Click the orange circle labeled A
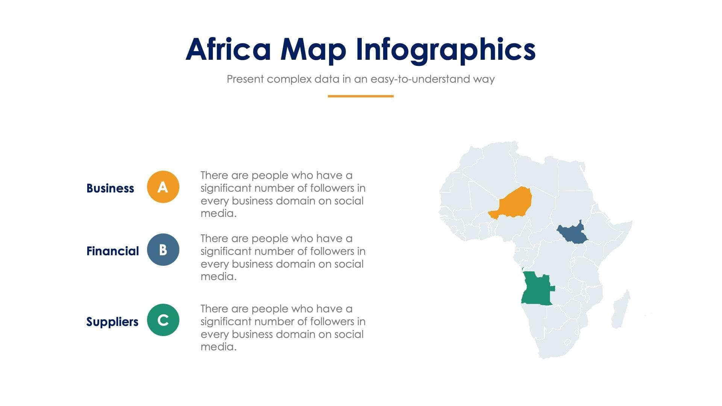[163, 187]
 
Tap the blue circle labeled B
[163, 250]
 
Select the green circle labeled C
[163, 320]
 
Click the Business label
[110, 188]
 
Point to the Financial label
[112, 251]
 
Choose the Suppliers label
[112, 321]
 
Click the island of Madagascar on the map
[620, 311]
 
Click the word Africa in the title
[228, 49]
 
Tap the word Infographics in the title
[445, 49]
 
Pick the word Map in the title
[313, 49]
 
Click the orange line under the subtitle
[360, 96]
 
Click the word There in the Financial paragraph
[214, 239]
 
